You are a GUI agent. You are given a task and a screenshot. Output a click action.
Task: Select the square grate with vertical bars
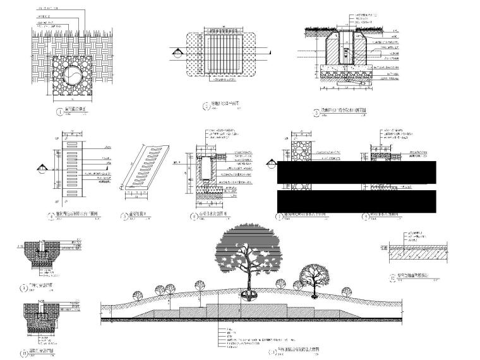click(x=217, y=53)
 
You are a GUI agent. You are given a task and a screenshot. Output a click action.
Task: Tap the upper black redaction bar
click(x=356, y=172)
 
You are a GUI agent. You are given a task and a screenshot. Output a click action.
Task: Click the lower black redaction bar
click(x=356, y=200)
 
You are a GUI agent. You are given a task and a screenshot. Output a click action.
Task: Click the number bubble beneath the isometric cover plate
click(x=125, y=216)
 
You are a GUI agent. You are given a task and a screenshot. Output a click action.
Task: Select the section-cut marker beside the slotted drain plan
click(x=42, y=168)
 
